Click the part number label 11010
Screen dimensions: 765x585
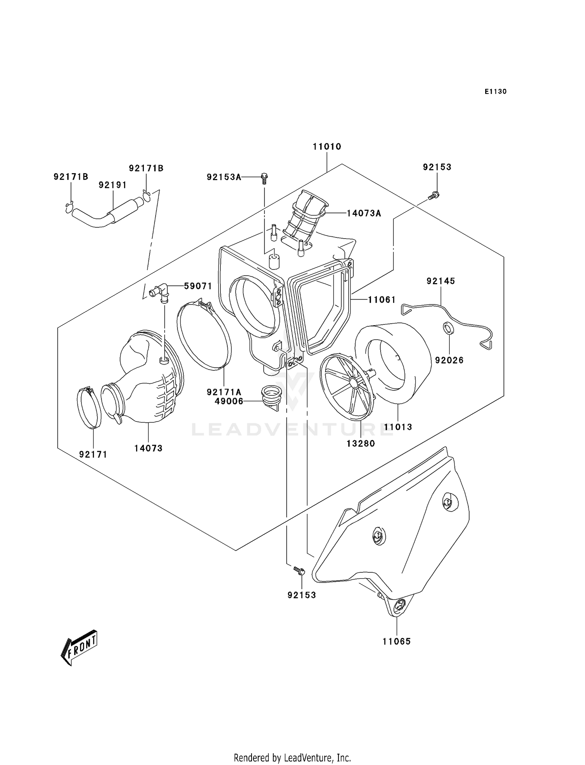pos(327,147)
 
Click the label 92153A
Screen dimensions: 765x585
pos(224,177)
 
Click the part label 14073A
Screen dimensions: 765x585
pos(364,213)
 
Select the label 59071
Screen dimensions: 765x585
pos(198,286)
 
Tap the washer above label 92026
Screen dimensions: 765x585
pos(449,328)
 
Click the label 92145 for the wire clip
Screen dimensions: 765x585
pos(441,281)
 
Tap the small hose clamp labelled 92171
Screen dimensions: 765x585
pos(89,407)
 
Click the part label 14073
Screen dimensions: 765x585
pos(148,448)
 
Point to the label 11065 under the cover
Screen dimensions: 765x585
pos(397,641)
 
